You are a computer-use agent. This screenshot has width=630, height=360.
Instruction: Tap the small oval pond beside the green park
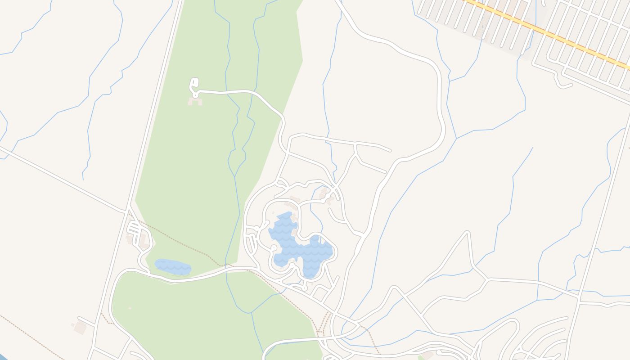pyautogui.click(x=173, y=266)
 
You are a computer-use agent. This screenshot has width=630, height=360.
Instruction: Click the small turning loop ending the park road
pyautogui.click(x=194, y=84)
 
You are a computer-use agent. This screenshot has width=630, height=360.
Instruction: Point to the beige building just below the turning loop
pyautogui.click(x=195, y=102)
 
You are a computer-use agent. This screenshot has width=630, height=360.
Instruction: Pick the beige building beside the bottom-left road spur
pyautogui.click(x=80, y=328)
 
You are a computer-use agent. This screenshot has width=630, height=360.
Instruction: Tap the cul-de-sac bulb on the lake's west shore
pyautogui.click(x=274, y=247)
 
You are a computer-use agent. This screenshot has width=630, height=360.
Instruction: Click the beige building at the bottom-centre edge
pyautogui.click(x=427, y=355)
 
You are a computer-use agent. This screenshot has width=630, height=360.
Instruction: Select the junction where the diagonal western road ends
pyautogui.click(x=126, y=211)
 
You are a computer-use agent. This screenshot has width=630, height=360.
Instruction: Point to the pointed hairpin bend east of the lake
pyautogui.click(x=468, y=233)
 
